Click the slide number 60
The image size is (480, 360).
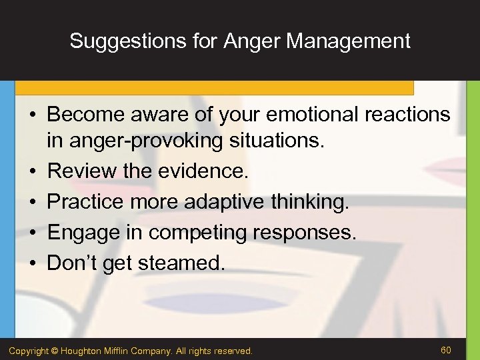coord(446,349)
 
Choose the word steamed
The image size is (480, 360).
coord(182,263)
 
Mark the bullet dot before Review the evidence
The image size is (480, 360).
coord(31,172)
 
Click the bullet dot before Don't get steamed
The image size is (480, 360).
coord(31,263)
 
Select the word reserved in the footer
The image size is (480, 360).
coord(234,350)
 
